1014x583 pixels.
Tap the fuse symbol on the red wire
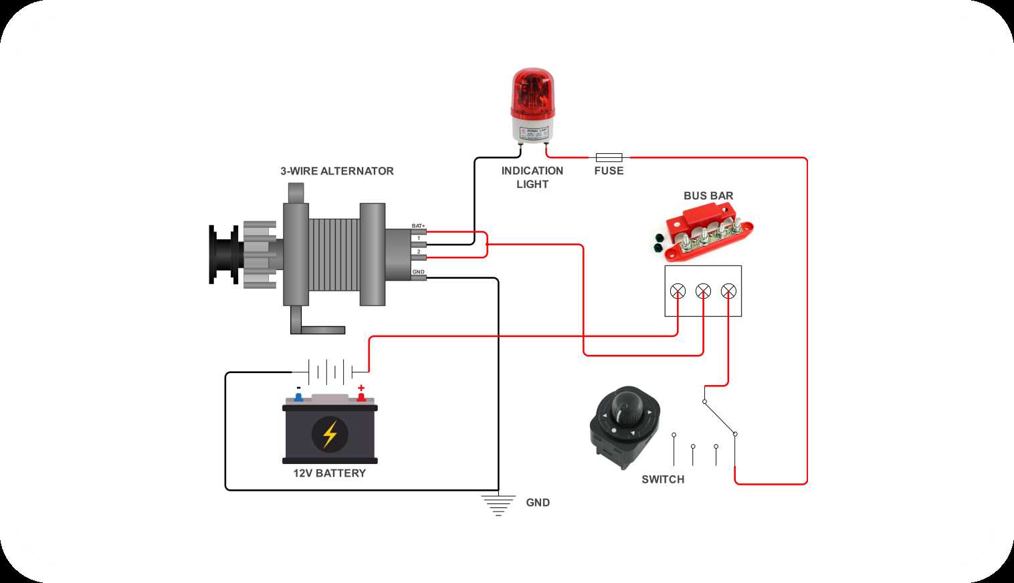pos(609,158)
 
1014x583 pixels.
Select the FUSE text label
pos(609,171)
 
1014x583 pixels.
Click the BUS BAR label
pos(708,196)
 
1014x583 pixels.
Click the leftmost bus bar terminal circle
pos(678,291)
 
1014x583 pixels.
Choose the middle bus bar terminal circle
pos(703,291)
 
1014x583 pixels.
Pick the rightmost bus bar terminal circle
pos(728,291)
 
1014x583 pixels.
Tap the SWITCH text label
pos(662,479)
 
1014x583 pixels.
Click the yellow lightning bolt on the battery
pos(330,434)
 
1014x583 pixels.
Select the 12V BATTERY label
pos(329,473)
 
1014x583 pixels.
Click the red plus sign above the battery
pos(361,388)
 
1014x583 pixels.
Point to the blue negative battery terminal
pos(298,397)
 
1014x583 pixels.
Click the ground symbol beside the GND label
pos(498,505)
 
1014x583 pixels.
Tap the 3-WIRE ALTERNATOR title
pos(336,171)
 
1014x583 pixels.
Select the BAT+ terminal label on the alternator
pos(418,226)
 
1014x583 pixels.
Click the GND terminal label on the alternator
pos(418,271)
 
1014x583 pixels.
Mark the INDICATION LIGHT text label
pos(532,178)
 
